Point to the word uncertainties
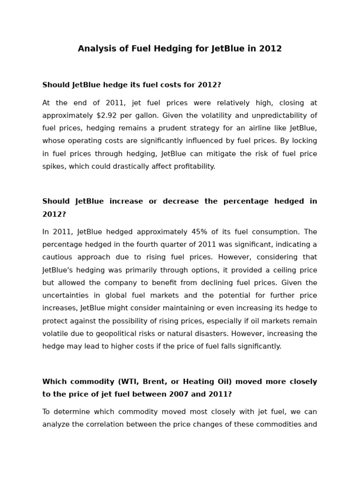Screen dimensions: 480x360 pos(65,296)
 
